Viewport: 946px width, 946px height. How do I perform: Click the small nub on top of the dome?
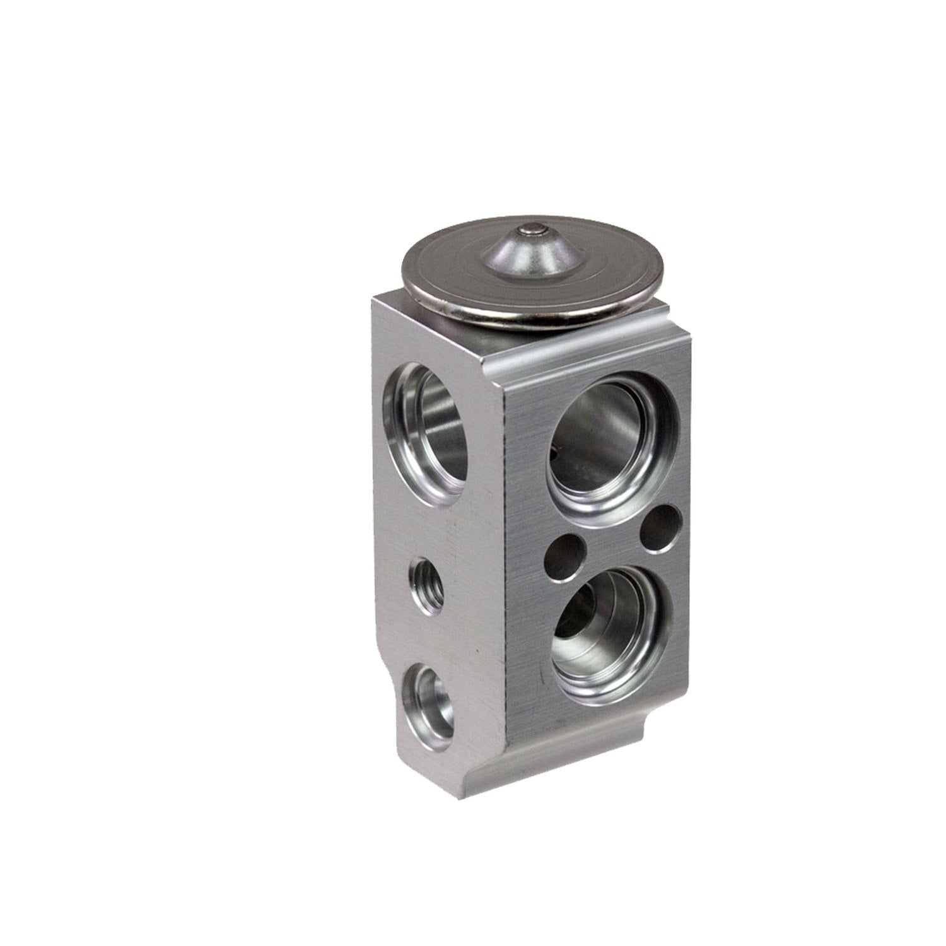[531, 233]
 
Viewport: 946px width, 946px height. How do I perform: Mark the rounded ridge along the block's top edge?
[587, 344]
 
